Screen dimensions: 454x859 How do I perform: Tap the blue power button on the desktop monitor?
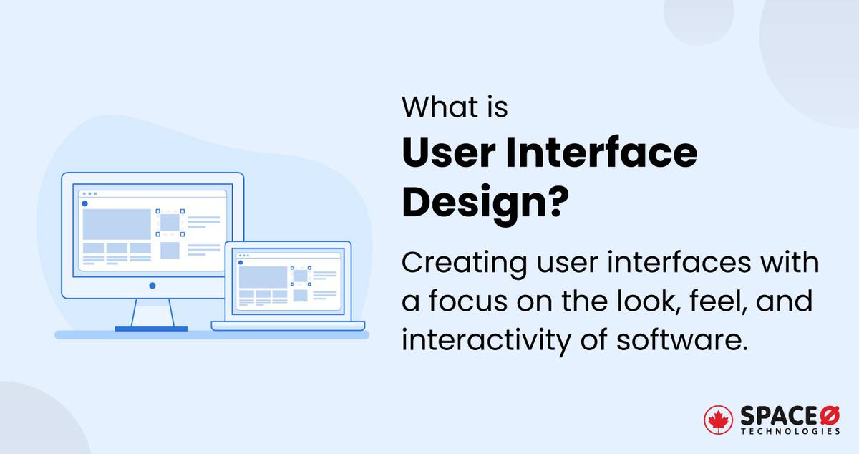point(152,286)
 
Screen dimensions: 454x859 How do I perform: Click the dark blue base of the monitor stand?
point(151,329)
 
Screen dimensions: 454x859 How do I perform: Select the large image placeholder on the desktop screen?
point(117,224)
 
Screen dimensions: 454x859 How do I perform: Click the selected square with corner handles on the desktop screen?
point(170,223)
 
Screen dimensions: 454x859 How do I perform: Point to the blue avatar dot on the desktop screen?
point(84,203)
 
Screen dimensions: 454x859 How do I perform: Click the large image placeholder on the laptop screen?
point(263,277)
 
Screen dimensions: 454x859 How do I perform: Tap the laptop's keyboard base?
point(288,326)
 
